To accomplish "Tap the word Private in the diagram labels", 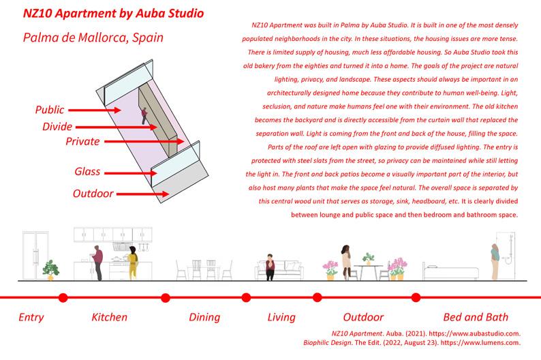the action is coord(82,142).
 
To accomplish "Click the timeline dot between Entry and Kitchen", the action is coord(63,297).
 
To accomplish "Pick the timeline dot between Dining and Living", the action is coord(246,297).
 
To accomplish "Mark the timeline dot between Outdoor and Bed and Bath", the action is coord(416,297).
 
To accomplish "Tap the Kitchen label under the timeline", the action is coord(109,317).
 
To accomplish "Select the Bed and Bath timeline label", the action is coord(476,317).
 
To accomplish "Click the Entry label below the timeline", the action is coord(31,317).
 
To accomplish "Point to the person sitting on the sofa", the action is coord(270,267).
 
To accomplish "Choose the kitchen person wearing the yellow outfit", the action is coord(134,265).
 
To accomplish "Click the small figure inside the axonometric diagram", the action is coord(144,116).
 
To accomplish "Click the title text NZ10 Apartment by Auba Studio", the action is coord(113,14).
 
